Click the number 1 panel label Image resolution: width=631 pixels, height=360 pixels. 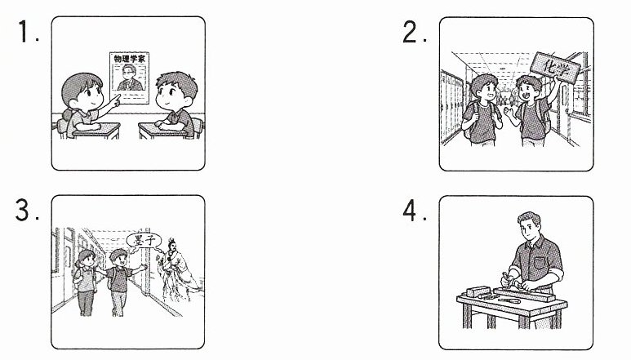pyautogui.click(x=24, y=31)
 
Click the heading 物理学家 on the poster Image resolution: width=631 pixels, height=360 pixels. pyautogui.click(x=129, y=59)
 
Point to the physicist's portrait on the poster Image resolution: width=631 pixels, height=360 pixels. pyautogui.click(x=130, y=78)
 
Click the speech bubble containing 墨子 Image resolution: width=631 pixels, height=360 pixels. pyautogui.click(x=144, y=242)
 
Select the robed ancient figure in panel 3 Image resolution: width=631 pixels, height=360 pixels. pyautogui.click(x=177, y=270)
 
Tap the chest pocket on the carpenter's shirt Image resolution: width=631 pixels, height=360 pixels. pyautogui.click(x=540, y=263)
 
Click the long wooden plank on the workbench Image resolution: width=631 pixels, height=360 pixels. pyautogui.click(x=524, y=295)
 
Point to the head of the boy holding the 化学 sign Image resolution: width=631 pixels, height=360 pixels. pyautogui.click(x=528, y=89)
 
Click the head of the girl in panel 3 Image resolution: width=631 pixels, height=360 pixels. pyautogui.click(x=86, y=260)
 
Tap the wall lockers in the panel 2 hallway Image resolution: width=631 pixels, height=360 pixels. pyautogui.click(x=452, y=107)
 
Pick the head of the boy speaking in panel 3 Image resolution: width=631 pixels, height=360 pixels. pyautogui.click(x=118, y=259)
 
